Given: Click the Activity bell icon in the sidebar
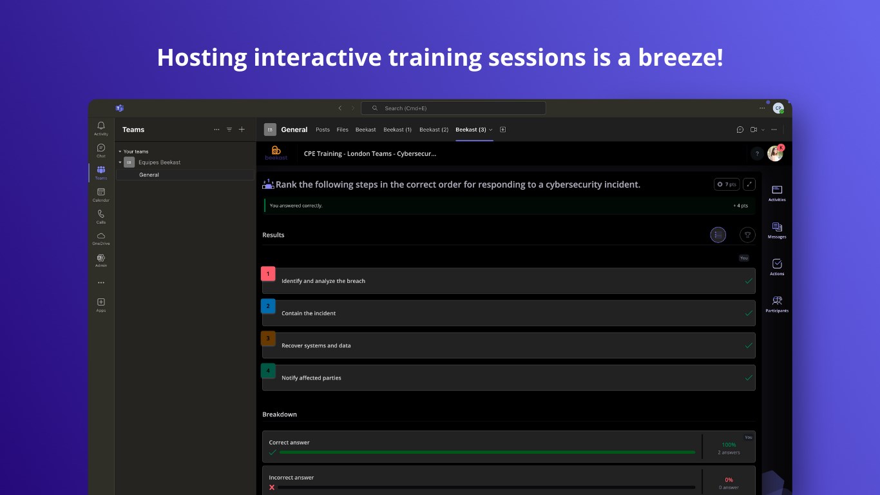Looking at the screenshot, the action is coord(101,126).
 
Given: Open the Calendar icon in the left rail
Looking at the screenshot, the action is coord(101,192).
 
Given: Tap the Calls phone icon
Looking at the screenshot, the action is coord(101,214).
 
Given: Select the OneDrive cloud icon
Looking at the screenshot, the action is coord(101,236).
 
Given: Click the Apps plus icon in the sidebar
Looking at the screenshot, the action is coord(101,302).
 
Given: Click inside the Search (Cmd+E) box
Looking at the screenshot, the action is coord(453,108).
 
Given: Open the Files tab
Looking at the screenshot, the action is coord(342,130).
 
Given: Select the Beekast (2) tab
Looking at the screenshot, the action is coord(434,130).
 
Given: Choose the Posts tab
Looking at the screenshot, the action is coord(323,130).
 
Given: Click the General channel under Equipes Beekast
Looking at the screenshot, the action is coord(149,175).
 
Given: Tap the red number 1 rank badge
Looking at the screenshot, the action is coord(268,274).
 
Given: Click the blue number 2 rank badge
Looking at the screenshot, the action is coord(268,306).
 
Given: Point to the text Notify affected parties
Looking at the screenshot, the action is coord(311,378).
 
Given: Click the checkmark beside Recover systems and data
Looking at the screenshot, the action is coord(749,345).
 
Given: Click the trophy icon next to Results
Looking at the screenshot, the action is coord(747,235).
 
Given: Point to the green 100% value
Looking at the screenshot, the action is coord(729,445).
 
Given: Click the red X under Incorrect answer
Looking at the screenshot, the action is coord(272,487).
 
